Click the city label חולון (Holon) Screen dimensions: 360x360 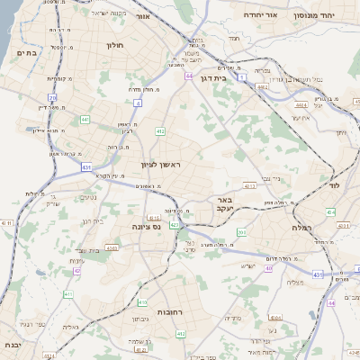point(114,44)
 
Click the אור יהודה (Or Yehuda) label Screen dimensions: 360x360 point(270,15)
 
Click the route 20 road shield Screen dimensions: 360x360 point(53,97)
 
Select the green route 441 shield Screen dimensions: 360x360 point(85,119)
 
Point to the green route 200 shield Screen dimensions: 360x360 point(241,232)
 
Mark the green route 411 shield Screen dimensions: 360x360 point(67,293)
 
